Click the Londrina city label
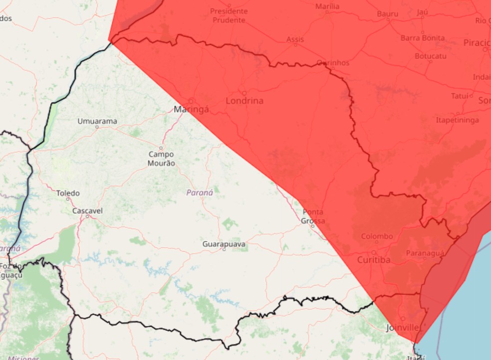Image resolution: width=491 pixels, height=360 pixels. [245, 101]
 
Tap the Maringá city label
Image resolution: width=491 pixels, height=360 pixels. [191, 109]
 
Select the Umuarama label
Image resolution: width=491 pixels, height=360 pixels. [97, 121]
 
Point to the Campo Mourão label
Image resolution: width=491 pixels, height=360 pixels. [161, 159]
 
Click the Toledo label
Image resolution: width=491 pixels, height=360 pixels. [67, 193]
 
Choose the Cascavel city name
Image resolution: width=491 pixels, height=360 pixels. [87, 211]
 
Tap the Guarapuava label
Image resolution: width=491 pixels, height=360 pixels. [224, 244]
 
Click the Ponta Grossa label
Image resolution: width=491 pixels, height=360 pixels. [313, 216]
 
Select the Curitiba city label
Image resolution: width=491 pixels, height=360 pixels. [374, 260]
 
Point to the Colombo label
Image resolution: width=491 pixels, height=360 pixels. [377, 236]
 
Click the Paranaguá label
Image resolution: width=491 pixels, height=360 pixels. [425, 253]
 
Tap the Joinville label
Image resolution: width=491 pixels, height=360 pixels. [403, 328]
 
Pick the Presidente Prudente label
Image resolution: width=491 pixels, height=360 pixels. [229, 15]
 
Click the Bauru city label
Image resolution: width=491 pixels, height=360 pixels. [387, 14]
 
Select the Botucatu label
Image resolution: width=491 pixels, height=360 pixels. [431, 56]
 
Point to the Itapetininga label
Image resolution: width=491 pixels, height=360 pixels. [457, 120]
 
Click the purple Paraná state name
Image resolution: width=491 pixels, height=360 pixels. [200, 192]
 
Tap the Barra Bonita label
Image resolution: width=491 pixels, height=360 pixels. [423, 38]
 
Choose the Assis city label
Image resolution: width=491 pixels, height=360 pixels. [295, 39]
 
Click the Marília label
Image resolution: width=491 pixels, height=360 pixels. [327, 6]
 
